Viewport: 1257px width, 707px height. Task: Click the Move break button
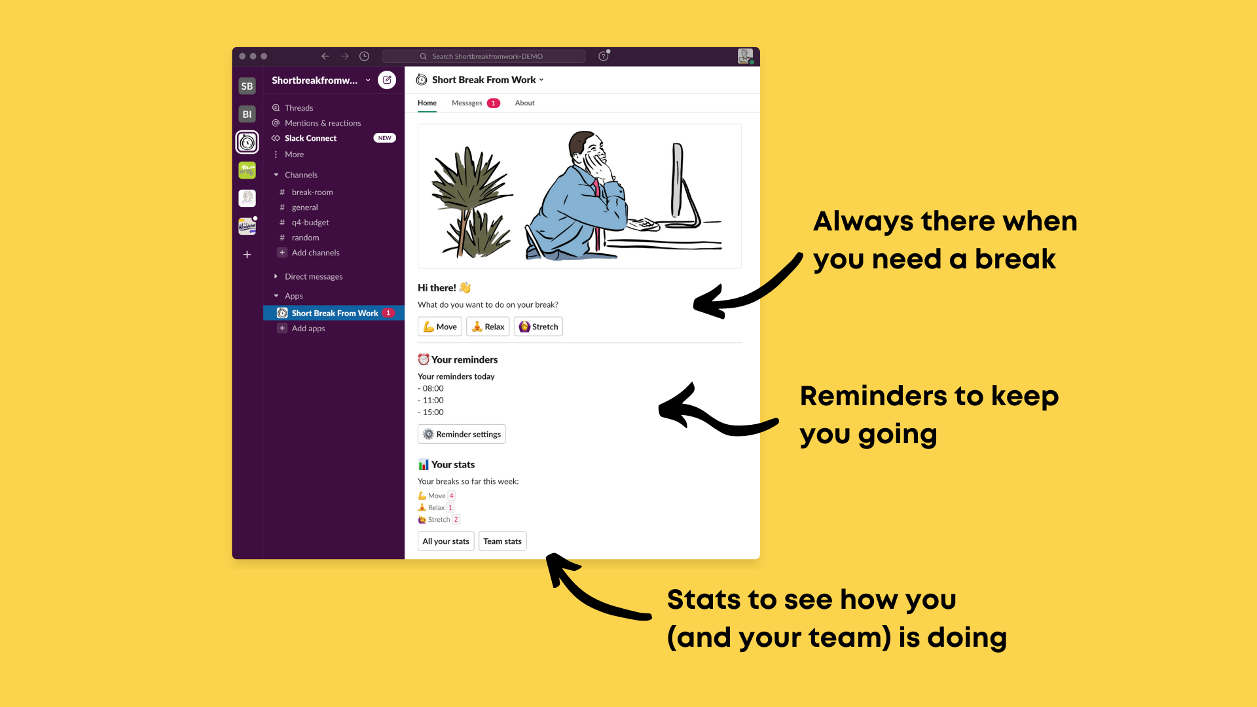[440, 327]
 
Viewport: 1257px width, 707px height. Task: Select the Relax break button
[488, 327]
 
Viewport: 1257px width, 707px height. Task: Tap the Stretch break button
[538, 327]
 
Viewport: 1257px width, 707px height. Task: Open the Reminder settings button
[462, 434]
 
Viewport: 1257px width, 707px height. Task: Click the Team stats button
[502, 541]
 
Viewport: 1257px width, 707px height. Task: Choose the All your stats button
[446, 541]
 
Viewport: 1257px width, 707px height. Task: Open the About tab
[524, 103]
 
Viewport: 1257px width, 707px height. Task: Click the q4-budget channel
[310, 223]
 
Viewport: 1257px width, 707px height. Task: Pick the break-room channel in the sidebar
[312, 192]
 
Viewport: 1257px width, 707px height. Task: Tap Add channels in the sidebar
[315, 253]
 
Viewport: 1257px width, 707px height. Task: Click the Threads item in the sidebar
[299, 108]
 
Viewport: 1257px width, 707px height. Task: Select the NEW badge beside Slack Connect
[384, 138]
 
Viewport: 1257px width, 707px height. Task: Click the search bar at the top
[484, 56]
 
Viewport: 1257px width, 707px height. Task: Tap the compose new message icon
[387, 80]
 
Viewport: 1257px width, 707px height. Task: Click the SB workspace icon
[247, 86]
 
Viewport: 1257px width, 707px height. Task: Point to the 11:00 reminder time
[433, 401]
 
